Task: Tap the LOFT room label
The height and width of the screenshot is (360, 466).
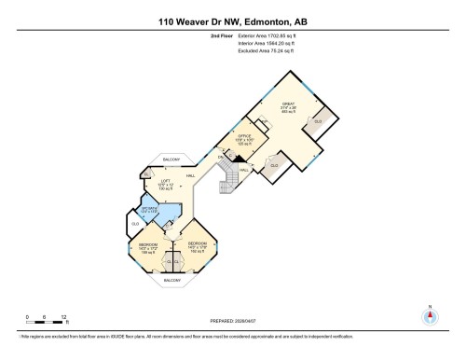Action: [x=168, y=182]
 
